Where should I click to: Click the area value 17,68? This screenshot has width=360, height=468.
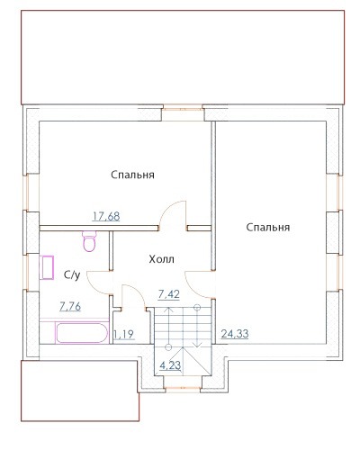[x=106, y=216]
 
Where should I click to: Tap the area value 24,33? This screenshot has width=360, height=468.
[x=235, y=333]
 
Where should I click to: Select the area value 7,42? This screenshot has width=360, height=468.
[x=168, y=294]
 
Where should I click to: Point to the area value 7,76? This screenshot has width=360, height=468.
[x=70, y=306]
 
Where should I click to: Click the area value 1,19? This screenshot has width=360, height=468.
[x=124, y=334]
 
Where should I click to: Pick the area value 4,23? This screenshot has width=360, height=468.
[x=170, y=365]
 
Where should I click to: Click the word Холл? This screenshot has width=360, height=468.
[x=161, y=259]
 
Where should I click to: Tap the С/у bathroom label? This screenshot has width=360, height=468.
[x=72, y=274]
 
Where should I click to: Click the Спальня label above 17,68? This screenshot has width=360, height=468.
[x=132, y=175]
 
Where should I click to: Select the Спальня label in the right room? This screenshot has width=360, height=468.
[x=268, y=227]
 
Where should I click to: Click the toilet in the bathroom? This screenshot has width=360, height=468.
[x=89, y=241]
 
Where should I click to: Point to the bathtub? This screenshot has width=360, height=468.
[x=82, y=332]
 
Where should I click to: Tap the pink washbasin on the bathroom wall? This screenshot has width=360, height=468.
[x=47, y=267]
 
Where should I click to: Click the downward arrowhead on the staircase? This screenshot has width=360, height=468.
[x=197, y=345]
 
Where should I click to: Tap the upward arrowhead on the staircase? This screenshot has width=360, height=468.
[x=169, y=310]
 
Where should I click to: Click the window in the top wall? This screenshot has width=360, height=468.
[x=183, y=107]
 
